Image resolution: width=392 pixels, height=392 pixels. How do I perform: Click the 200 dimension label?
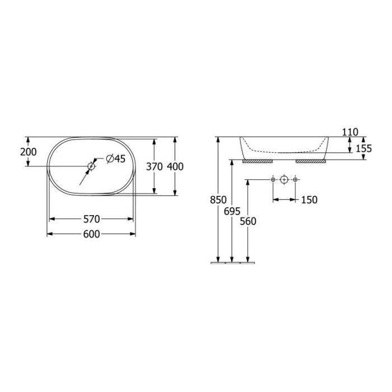coord(28,152)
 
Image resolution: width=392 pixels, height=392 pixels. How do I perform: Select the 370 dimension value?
coord(155,166)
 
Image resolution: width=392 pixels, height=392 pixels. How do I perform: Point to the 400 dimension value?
coord(175,166)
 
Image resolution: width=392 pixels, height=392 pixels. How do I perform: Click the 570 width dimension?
coord(91,218)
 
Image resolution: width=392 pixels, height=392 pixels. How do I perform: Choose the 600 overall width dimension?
coord(91,234)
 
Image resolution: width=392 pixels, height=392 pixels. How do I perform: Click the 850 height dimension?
coord(218,200)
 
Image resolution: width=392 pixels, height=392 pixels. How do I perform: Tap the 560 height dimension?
coord(248,221)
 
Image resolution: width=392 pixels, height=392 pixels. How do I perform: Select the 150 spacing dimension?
coord(309,200)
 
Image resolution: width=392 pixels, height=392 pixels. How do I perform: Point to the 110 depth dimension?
coord(349,132)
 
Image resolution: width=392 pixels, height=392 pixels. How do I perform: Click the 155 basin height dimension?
coord(364,148)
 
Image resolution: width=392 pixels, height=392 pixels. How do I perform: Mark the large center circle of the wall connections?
coord(284,180)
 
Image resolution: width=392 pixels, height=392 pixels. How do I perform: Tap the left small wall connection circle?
coord(273,180)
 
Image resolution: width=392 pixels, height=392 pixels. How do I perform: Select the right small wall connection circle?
coord(296,180)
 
